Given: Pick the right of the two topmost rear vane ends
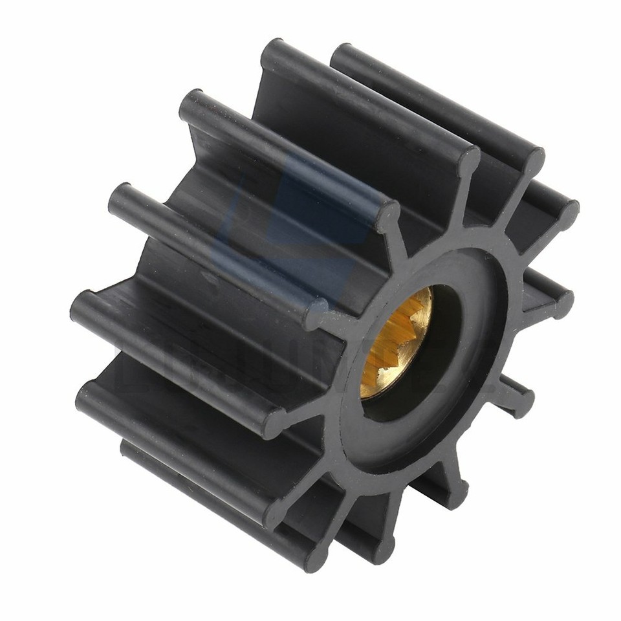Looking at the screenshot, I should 343,55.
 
